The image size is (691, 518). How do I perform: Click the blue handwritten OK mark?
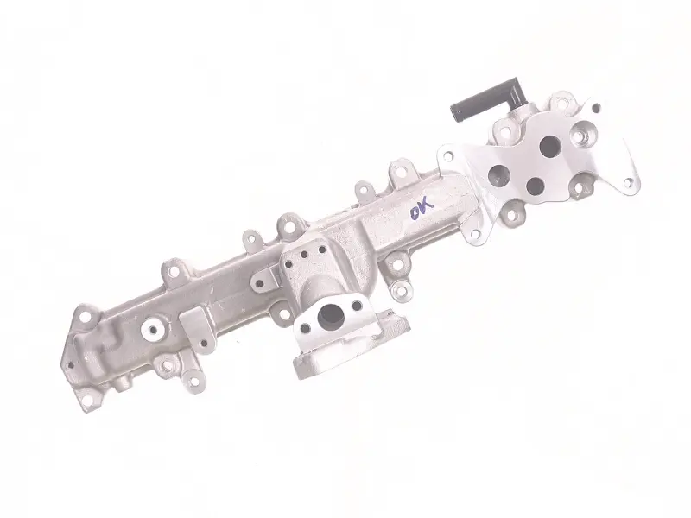[x=422, y=208]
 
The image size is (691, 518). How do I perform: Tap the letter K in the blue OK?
[x=427, y=206]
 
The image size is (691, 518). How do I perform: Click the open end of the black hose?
[x=456, y=113]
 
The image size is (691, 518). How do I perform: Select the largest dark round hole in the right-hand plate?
[x=549, y=146]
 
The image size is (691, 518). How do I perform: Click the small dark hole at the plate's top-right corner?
[x=596, y=107]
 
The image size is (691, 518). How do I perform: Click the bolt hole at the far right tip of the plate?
[x=629, y=182]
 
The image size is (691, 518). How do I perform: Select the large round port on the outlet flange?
[x=333, y=315]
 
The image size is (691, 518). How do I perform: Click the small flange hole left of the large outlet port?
[x=305, y=328]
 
